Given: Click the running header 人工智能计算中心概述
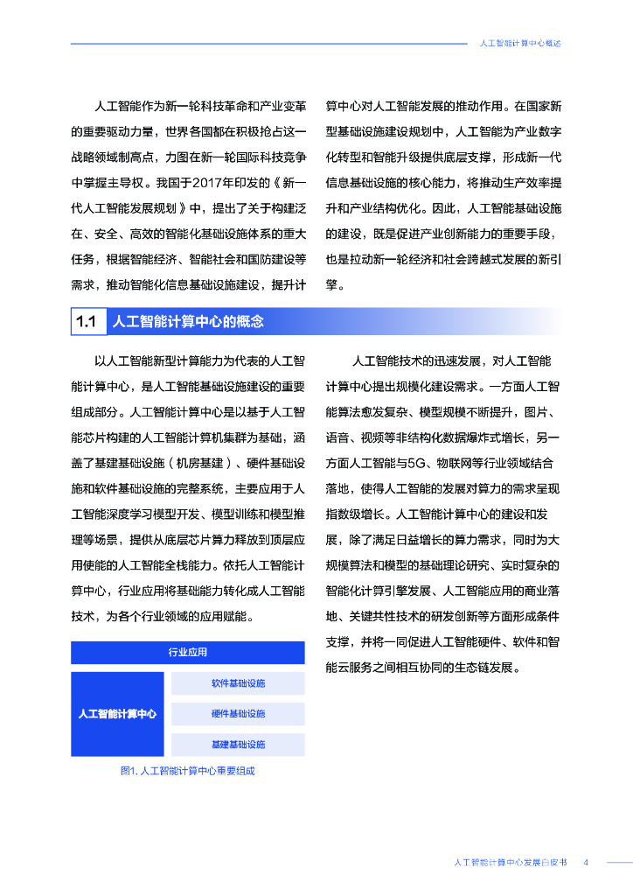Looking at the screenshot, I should pos(520,43).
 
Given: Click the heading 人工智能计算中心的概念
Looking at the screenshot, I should pos(188,321).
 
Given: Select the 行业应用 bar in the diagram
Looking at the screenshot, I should pos(187,653).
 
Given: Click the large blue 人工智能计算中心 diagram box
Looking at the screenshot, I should pos(117,714).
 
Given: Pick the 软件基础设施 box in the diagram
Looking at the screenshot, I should pos(238,683).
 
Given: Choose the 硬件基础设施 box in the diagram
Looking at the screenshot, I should pos(238,714).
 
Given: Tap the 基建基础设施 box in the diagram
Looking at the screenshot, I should pos(238,745).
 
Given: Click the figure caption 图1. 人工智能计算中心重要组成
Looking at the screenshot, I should pos(187,771).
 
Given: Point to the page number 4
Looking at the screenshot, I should pos(586,862).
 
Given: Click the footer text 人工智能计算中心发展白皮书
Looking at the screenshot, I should pos(511,862).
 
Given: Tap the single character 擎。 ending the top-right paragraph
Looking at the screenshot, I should pos(336,284).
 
